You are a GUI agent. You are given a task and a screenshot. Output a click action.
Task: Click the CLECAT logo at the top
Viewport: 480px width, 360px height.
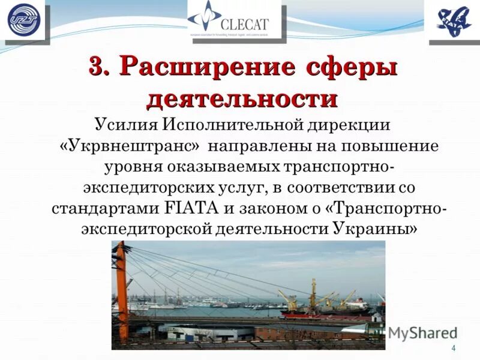(234, 20)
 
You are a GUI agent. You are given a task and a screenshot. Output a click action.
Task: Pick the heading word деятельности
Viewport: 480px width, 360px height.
(242, 98)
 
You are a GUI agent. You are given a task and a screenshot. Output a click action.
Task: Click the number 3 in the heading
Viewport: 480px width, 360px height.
(98, 66)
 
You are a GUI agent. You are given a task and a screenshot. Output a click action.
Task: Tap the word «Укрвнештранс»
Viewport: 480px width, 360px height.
(131, 146)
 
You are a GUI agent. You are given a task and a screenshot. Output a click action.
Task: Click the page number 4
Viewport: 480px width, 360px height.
(454, 349)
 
